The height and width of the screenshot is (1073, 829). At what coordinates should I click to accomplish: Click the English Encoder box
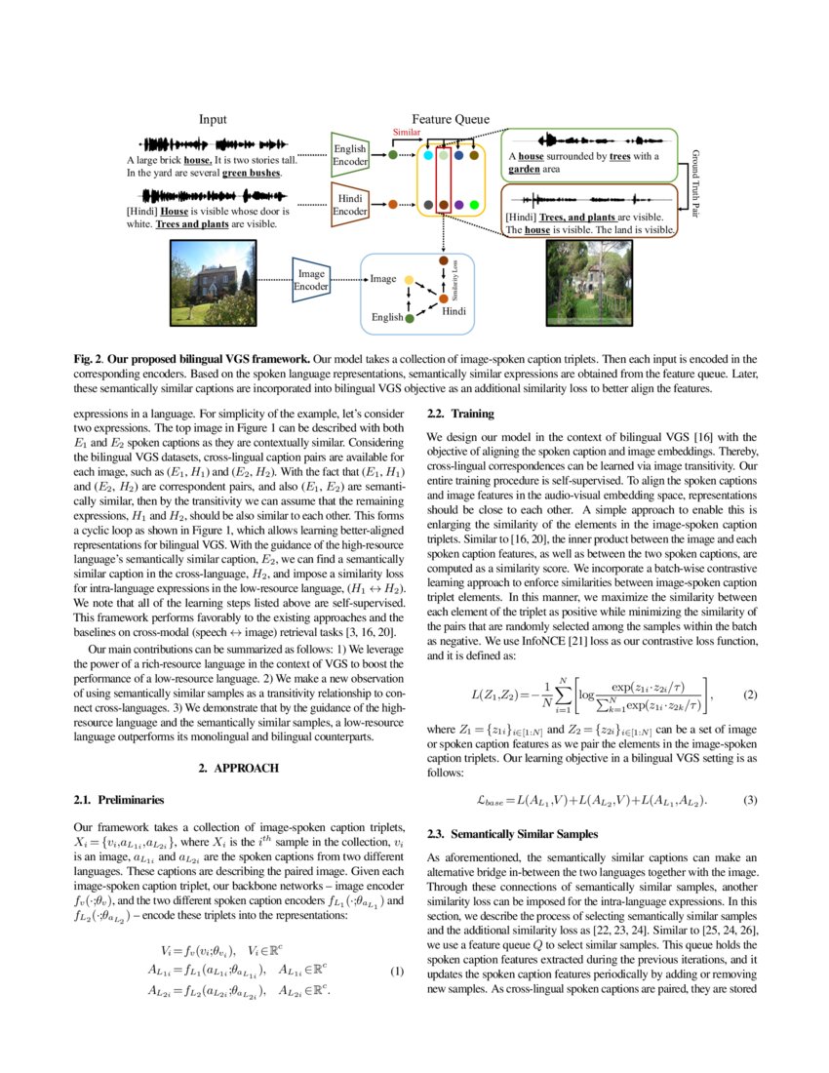(349, 154)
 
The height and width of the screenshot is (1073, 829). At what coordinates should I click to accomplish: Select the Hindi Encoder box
(349, 204)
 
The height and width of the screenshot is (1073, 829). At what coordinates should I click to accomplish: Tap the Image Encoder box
(312, 279)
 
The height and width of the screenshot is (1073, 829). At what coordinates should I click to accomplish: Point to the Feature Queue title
(443, 119)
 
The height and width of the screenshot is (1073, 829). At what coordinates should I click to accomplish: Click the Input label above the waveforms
(213, 119)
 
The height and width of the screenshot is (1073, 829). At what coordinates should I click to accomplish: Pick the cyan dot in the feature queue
(429, 155)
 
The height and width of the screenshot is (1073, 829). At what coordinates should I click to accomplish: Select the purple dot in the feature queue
(458, 205)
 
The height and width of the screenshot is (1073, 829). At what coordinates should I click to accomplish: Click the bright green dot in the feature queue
(474, 205)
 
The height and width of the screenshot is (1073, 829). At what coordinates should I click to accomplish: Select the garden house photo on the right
(586, 282)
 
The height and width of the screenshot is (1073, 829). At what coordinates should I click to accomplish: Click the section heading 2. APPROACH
(239, 768)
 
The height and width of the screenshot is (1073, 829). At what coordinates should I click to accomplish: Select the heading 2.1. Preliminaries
(113, 801)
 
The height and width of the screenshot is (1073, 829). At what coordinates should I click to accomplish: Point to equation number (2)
(750, 695)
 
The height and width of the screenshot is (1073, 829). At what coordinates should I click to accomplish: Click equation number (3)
(750, 801)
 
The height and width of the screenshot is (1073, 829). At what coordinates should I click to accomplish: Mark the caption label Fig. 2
(88, 360)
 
